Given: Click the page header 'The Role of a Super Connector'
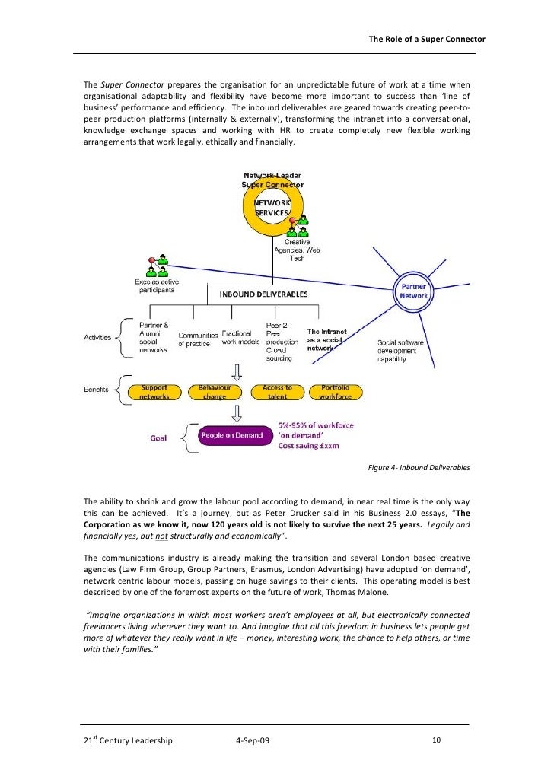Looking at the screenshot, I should (x=427, y=39).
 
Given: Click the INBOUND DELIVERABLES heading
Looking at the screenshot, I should (x=264, y=294).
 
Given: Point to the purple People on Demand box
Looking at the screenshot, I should (x=231, y=435).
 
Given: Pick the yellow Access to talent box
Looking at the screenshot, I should (x=277, y=392).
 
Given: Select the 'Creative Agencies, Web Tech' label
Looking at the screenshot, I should (x=297, y=250).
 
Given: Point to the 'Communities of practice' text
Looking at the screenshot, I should (x=197, y=339).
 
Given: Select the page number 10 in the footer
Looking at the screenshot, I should (x=436, y=740).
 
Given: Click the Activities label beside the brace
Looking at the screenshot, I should (x=97, y=337).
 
